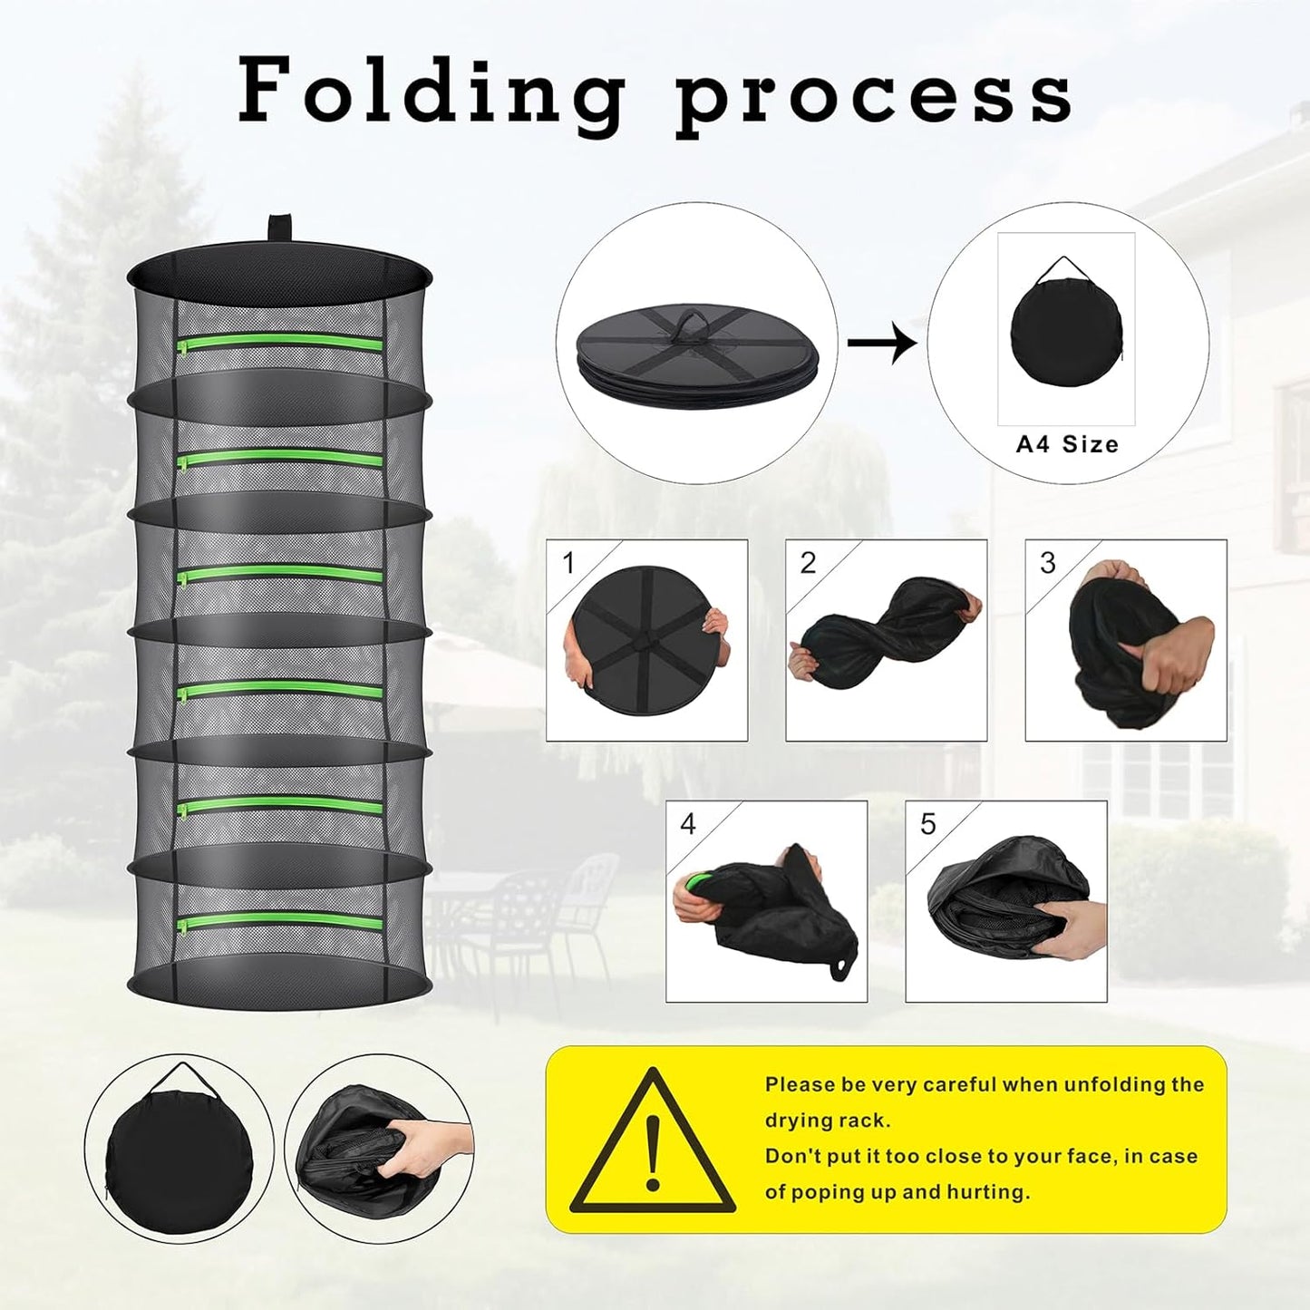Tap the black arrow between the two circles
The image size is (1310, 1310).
pyautogui.click(x=881, y=343)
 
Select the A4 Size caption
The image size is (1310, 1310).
pyautogui.click(x=1067, y=444)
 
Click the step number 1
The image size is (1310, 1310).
pyautogui.click(x=568, y=563)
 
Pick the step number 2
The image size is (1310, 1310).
pyautogui.click(x=808, y=563)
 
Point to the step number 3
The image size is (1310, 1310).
pyautogui.click(x=1047, y=563)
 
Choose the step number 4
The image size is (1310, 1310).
pyautogui.click(x=688, y=824)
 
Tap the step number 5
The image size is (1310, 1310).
pyautogui.click(x=927, y=824)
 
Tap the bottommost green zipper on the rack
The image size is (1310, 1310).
pyautogui.click(x=279, y=923)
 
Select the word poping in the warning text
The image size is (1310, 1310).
pyautogui.click(x=820, y=1192)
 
